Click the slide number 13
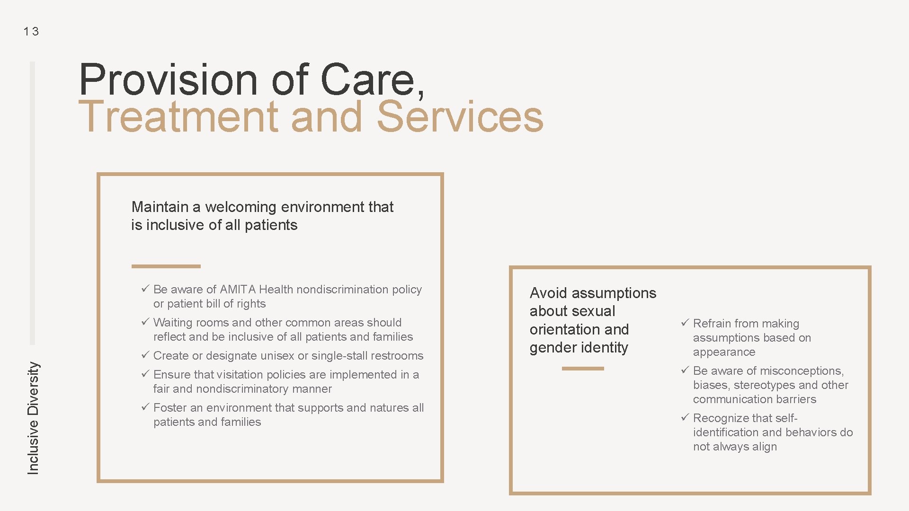[x=31, y=32]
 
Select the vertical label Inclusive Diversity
[x=33, y=418]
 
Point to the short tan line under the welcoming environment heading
[x=166, y=266]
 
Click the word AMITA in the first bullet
[x=238, y=289]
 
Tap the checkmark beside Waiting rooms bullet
[x=145, y=322]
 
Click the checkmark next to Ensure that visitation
[x=145, y=374]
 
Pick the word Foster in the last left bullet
[x=170, y=407]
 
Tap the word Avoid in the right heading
[x=548, y=293]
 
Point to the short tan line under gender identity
[x=583, y=369]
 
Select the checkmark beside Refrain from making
[x=685, y=323]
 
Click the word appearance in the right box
[x=724, y=352]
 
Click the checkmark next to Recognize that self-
[x=685, y=417]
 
